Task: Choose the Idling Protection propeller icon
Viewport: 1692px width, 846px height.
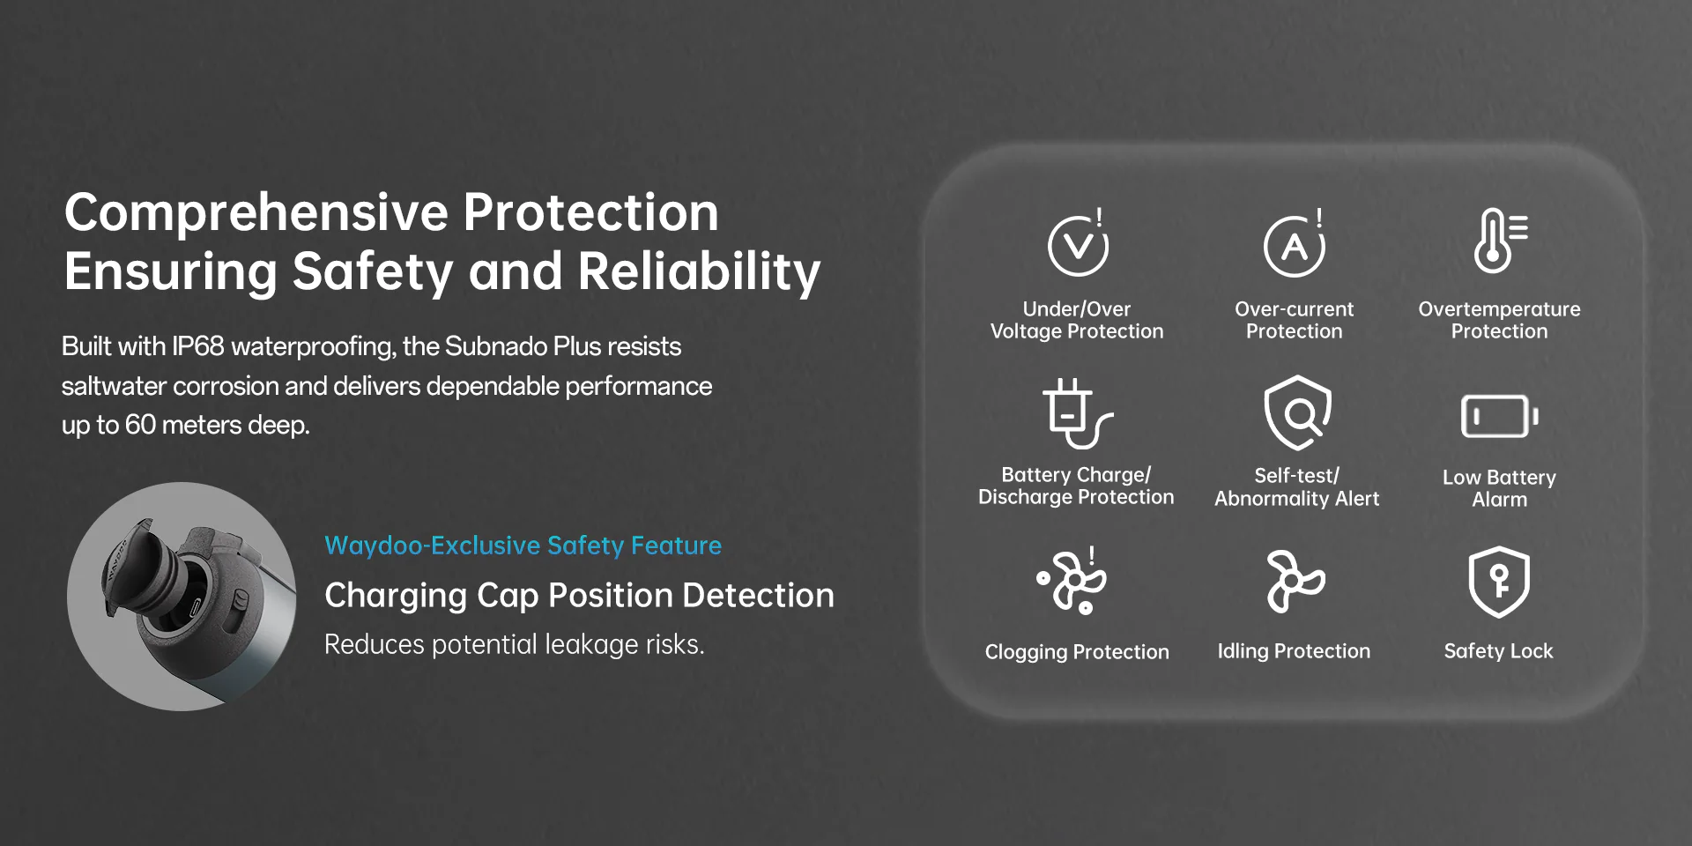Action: [1295, 581]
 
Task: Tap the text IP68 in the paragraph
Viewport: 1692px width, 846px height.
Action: [197, 346]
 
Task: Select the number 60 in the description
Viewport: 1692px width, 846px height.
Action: [140, 425]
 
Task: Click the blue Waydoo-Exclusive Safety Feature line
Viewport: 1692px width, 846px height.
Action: [523, 545]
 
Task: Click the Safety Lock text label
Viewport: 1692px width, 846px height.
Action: [1498, 651]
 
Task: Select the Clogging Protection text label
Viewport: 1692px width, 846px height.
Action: [1077, 652]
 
